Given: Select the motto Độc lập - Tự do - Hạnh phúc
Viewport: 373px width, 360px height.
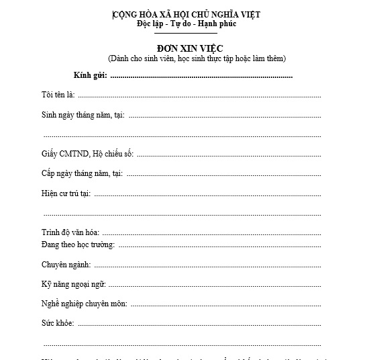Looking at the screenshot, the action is coord(186,25).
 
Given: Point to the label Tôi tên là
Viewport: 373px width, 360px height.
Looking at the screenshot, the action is coord(58,95).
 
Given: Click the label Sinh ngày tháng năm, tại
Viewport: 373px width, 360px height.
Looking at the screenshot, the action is coord(83,115).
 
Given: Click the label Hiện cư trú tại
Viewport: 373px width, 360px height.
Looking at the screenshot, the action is coord(66,193).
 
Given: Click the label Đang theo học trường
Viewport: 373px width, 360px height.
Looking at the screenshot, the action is coord(78,244).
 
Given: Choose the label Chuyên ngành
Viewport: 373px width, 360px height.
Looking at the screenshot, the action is coord(66,265).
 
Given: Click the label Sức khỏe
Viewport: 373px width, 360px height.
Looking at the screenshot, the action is coord(58,323).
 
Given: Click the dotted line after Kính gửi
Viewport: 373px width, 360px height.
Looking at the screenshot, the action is coord(201,77).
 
